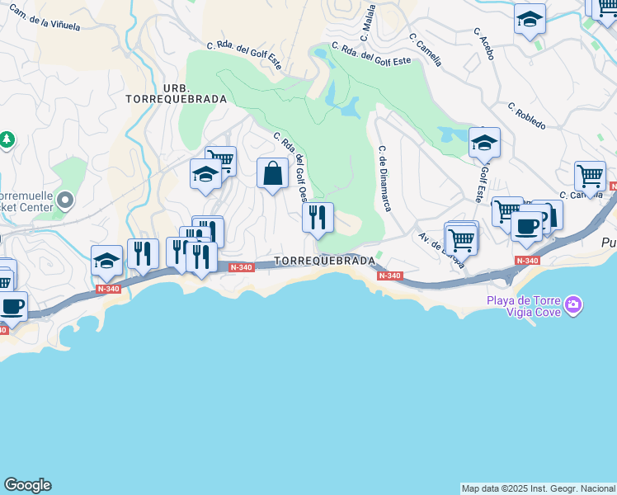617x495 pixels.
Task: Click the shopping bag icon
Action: coord(272,173)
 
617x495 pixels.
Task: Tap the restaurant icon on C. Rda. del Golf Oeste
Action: coord(318,218)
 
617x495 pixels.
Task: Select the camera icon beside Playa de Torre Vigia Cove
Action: coord(574,307)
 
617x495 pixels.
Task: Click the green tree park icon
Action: coord(7,140)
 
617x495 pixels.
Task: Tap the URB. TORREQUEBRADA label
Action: coord(177,93)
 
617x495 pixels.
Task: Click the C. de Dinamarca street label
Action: coord(384,177)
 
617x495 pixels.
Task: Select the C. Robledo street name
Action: coord(526,115)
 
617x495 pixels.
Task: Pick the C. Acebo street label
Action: coord(484,43)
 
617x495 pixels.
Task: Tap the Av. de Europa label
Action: coord(442,251)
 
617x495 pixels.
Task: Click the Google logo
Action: coord(27,485)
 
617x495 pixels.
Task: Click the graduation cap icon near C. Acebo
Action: coord(529,20)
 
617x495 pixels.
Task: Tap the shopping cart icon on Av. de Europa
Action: coord(462,239)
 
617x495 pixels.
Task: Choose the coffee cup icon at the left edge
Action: coord(12,307)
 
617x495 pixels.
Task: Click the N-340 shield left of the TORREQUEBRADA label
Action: coord(242,267)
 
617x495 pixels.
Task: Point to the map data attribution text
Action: coord(538,488)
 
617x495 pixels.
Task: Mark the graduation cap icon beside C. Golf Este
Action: coord(484,144)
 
